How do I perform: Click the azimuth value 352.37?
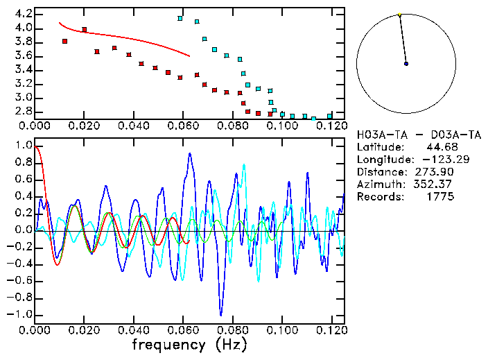(x=435, y=185)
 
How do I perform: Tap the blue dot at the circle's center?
(x=406, y=64)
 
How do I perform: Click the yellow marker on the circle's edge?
(x=399, y=15)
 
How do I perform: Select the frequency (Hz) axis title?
(x=189, y=345)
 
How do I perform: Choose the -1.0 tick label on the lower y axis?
(x=21, y=314)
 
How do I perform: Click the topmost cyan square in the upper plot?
(x=180, y=19)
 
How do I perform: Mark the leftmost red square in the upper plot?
(x=64, y=42)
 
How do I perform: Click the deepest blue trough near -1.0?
(x=220, y=314)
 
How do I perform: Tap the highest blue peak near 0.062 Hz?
(x=190, y=155)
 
